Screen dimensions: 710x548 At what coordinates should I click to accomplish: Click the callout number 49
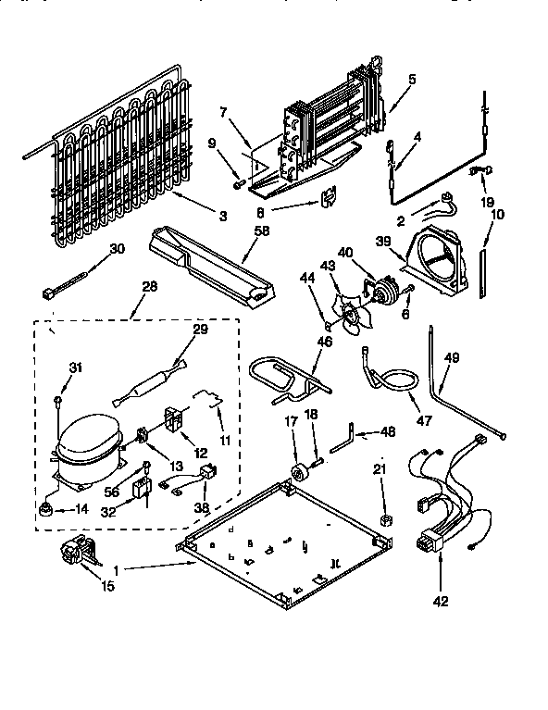452,360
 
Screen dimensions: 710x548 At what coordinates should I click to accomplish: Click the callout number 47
423,421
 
